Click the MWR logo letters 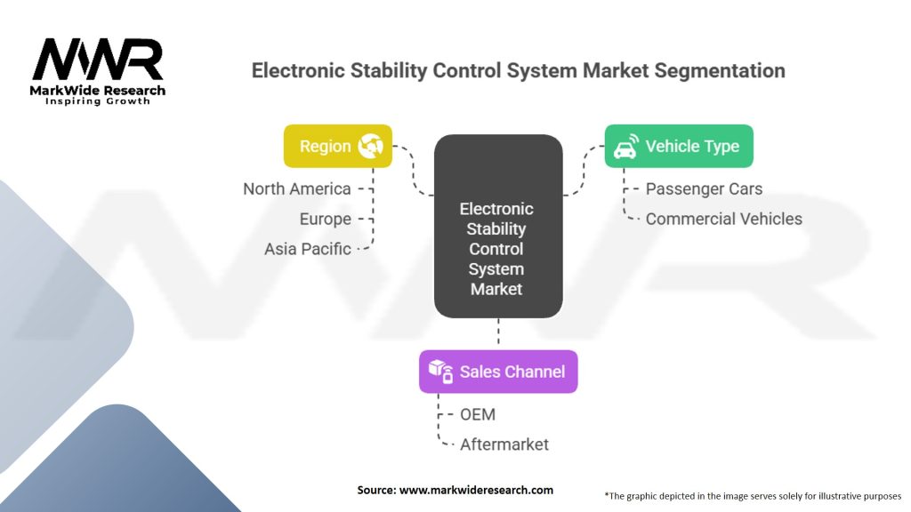click(98, 60)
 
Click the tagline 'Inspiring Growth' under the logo click(98, 101)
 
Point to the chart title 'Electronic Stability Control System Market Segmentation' click(519, 70)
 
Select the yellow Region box click(337, 146)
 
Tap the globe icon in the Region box click(370, 147)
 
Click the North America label click(297, 188)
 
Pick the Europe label click(325, 219)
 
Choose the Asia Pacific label click(308, 249)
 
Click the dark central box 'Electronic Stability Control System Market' click(497, 227)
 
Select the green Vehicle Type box click(679, 146)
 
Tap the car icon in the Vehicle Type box click(625, 146)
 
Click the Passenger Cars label click(704, 188)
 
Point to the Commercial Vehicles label click(723, 219)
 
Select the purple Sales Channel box click(498, 372)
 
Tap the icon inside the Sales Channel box click(441, 372)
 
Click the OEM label click(478, 414)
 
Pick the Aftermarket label click(504, 444)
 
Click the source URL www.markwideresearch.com click(455, 490)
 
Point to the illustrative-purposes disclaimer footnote click(753, 495)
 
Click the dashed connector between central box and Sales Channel click(498, 333)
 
